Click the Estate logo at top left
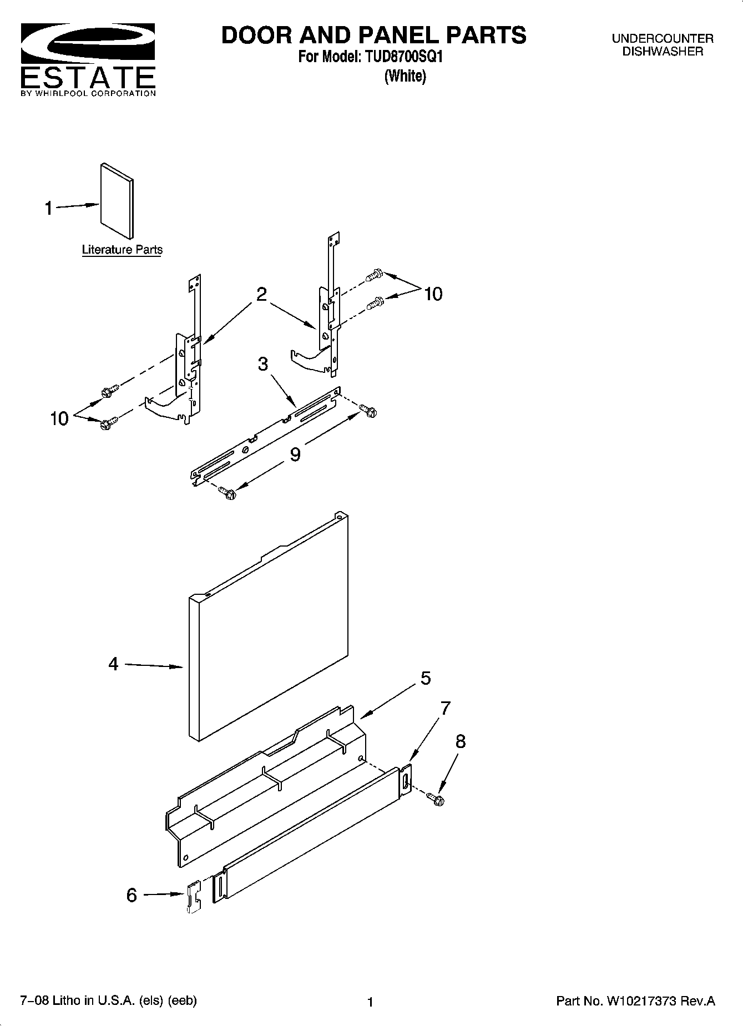click(88, 58)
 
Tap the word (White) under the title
click(405, 76)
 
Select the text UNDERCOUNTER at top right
click(663, 39)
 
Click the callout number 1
click(49, 209)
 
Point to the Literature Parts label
click(122, 250)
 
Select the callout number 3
click(263, 364)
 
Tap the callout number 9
click(295, 454)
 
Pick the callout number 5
click(426, 678)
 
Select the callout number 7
click(445, 709)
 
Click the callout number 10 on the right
click(433, 294)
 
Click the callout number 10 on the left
click(59, 418)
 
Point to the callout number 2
click(261, 294)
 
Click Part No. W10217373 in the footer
click(635, 1001)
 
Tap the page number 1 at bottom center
click(371, 1002)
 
